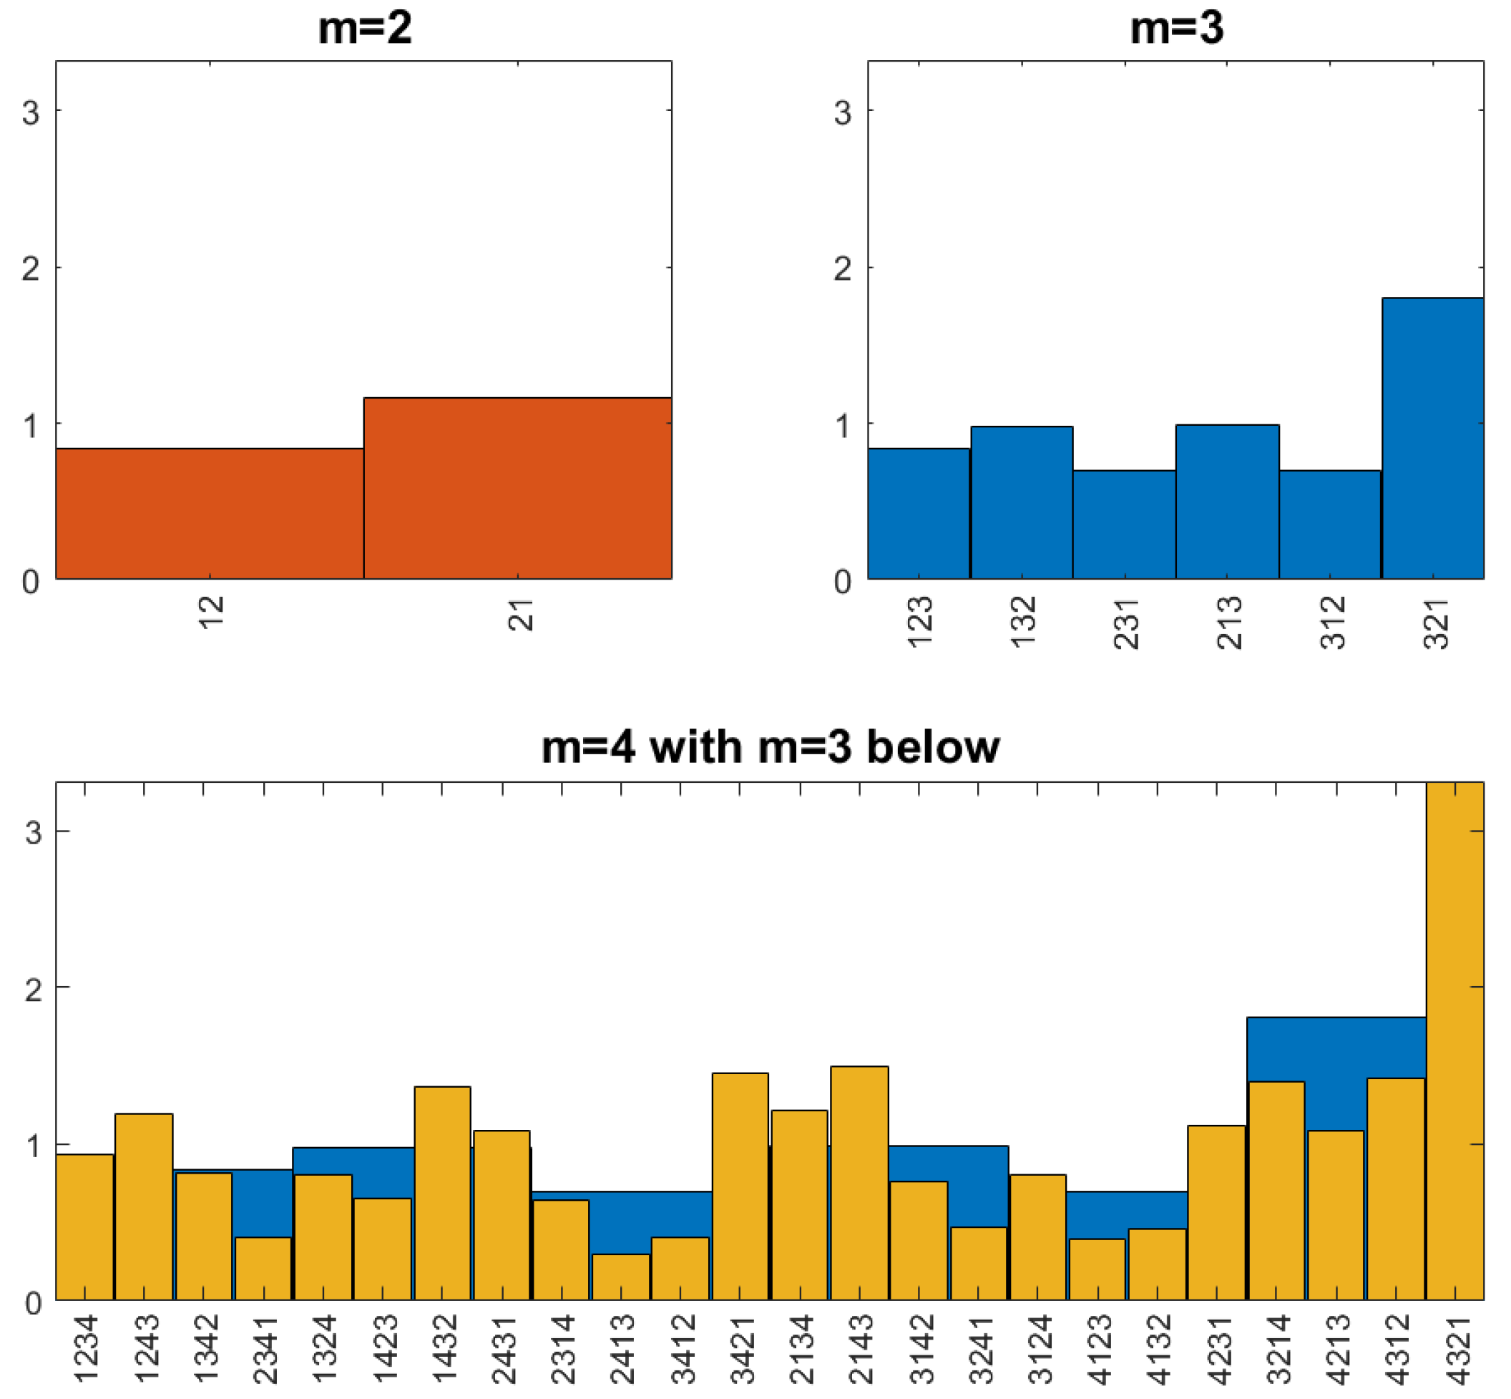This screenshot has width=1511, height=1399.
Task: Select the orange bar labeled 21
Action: [x=517, y=488]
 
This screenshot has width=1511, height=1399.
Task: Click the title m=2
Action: [x=365, y=28]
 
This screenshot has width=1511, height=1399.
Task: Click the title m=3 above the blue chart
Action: [x=1176, y=28]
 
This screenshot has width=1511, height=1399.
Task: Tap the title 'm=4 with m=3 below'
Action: [x=771, y=747]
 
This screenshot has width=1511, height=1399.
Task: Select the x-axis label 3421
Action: [x=742, y=1350]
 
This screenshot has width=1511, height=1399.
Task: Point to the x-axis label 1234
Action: [x=86, y=1350]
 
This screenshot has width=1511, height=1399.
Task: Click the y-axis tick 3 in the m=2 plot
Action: [x=30, y=112]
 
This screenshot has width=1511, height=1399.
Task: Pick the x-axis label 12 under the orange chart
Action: [x=211, y=612]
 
